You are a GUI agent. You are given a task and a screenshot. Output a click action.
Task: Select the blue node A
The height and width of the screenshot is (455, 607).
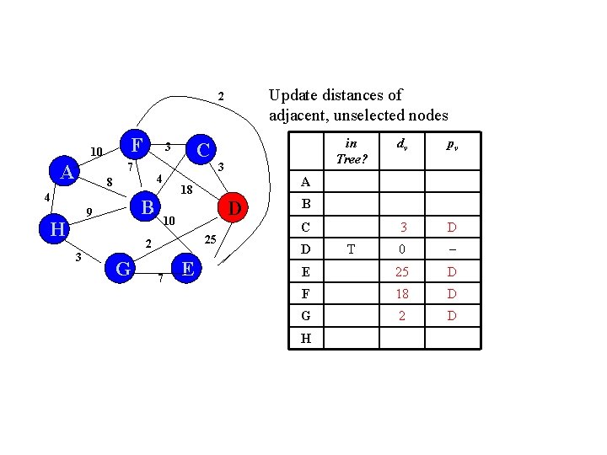[65, 173]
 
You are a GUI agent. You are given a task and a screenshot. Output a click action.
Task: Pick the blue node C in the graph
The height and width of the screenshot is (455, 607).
[201, 149]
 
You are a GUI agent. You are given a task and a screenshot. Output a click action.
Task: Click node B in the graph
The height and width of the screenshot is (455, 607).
[147, 207]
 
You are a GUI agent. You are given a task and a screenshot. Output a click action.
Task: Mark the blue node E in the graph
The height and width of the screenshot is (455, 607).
[188, 268]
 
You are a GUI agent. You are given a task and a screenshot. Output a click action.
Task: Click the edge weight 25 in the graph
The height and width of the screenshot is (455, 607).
[212, 241]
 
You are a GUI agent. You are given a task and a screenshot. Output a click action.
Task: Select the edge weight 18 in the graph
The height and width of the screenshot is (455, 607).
[187, 190]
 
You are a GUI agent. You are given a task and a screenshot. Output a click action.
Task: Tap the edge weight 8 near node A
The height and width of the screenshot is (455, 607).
[110, 182]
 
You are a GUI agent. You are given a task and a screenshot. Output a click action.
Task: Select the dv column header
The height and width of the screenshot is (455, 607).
[401, 144]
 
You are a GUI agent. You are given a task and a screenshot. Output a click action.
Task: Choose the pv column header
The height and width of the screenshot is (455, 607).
[453, 145]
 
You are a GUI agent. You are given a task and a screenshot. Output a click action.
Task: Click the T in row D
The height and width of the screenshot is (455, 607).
[351, 249]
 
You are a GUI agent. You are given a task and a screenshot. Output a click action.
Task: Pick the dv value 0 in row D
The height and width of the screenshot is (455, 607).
[404, 249]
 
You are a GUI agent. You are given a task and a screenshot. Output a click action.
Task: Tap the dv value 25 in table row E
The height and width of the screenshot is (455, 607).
[402, 272]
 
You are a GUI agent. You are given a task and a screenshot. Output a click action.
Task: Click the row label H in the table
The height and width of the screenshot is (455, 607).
[306, 338]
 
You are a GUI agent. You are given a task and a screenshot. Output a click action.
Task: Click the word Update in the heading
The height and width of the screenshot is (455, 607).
[293, 94]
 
